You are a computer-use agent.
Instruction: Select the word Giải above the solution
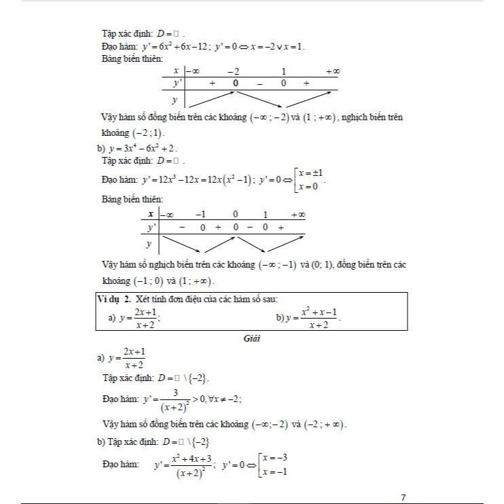252,338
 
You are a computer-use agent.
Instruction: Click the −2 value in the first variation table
233,71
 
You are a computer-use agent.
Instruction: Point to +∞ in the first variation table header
332,71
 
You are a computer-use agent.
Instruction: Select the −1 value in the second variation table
200,215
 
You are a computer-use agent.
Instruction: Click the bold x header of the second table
149,214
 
